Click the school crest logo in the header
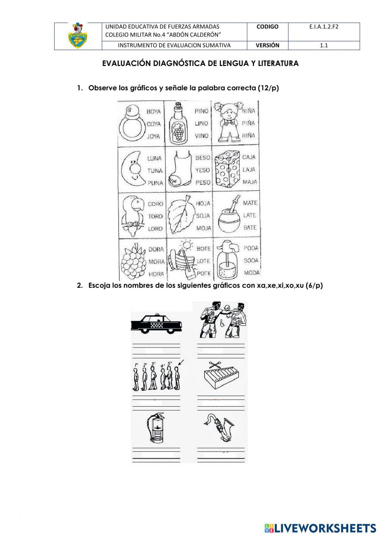pos(78,36)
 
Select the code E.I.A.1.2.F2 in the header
pos(324,27)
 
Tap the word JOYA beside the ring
pos(153,136)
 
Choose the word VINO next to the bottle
pos(202,135)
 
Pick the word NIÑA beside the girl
pos(249,111)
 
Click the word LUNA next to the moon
pos(154,158)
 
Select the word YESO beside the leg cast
pos(203,170)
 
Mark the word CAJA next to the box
pos(249,157)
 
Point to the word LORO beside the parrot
pos(155,229)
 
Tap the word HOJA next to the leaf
pos(203,204)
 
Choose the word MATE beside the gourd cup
pos(250,203)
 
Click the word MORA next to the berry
pos(156,262)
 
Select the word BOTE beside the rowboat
pos(204,248)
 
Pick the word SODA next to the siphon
pos(251,261)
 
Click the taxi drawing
pos(156,324)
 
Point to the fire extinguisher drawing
pos(156,429)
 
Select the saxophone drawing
pos(220,428)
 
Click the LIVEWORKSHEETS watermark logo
pos(320,528)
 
